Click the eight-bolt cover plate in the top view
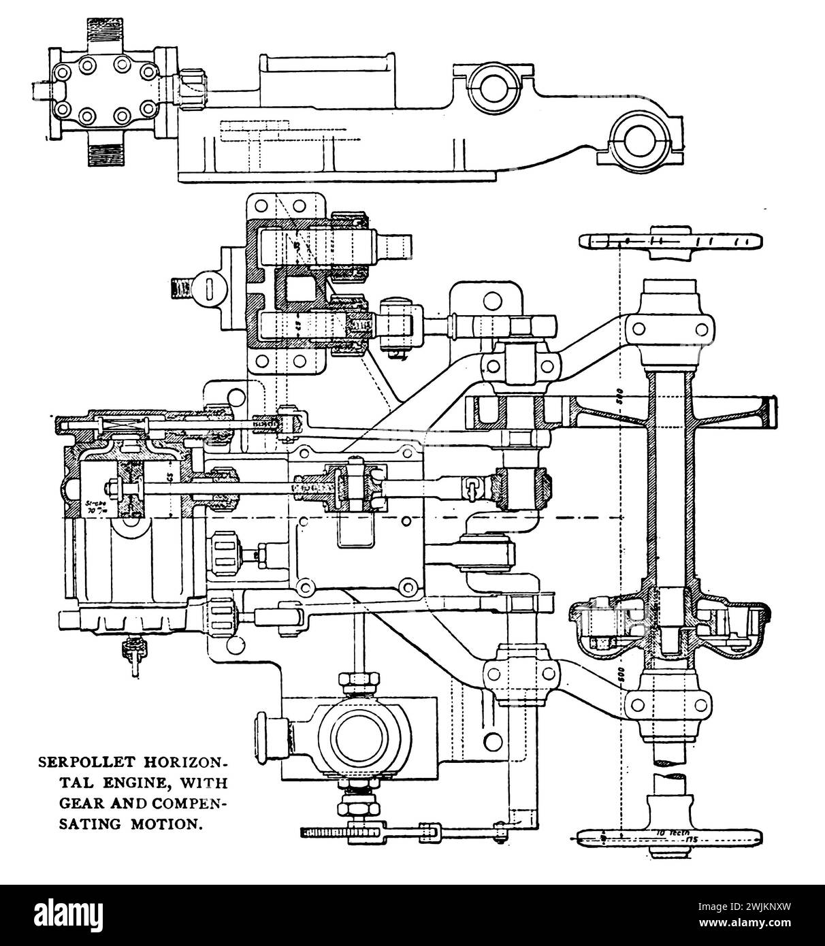pos(103,87)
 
